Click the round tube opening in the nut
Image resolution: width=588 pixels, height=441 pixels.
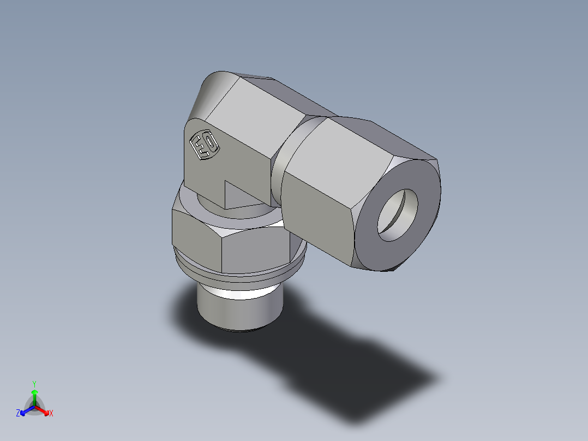[398, 215]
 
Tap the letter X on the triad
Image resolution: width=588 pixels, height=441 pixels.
[51, 414]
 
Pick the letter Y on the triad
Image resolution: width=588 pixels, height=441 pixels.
[34, 383]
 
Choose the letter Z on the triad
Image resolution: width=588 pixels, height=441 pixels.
[18, 414]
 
